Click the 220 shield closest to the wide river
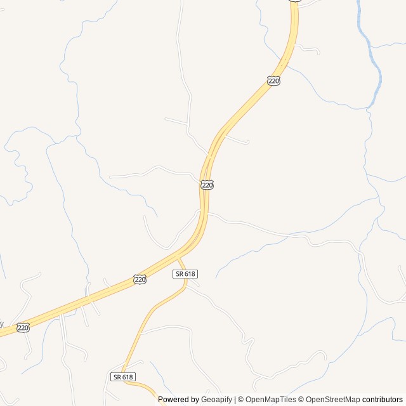[x=273, y=81]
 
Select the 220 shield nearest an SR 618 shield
[x=140, y=279]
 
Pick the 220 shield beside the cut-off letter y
[x=23, y=327]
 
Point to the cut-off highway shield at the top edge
[x=294, y=1]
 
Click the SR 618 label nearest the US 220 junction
[x=186, y=273]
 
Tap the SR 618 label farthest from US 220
[x=122, y=377]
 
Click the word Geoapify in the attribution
[x=216, y=400]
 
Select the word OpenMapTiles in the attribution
[x=272, y=400]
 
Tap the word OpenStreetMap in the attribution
[x=333, y=400]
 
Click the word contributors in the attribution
[x=383, y=400]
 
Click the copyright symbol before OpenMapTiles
[x=241, y=400]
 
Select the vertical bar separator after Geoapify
[x=235, y=400]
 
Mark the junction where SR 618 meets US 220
[x=178, y=257]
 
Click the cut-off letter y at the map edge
[x=1, y=324]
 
